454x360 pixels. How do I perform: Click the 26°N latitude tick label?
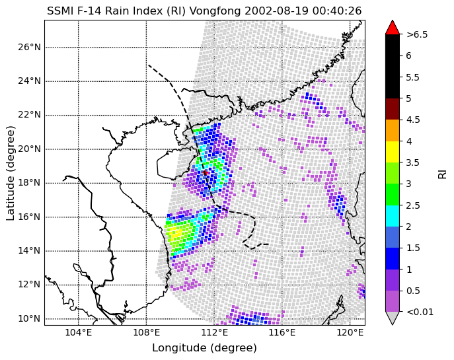coord(30,47)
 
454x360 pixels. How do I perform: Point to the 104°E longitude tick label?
coord(79,332)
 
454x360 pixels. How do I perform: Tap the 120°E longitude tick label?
coord(350,332)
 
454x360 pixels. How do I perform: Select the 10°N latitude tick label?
coord(30,318)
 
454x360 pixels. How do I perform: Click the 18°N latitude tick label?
coord(30,183)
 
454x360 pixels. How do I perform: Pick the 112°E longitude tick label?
coord(214,332)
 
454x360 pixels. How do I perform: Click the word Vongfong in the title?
coord(215,11)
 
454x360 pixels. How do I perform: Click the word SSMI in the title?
coord(59,11)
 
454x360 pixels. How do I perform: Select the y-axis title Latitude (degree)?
coord(10,173)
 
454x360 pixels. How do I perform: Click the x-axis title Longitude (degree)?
coord(204,347)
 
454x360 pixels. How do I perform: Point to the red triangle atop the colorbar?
coord(393,27)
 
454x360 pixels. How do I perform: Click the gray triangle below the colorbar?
coord(393,318)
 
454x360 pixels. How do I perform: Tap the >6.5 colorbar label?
coord(417,34)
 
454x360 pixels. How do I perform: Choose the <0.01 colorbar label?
coord(420,312)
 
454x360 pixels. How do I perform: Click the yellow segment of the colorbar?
coord(393,152)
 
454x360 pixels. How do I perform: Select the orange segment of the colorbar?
coord(393,131)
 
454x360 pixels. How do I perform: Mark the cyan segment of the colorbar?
coord(393,216)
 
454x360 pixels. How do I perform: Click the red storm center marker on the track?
coord(206,173)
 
